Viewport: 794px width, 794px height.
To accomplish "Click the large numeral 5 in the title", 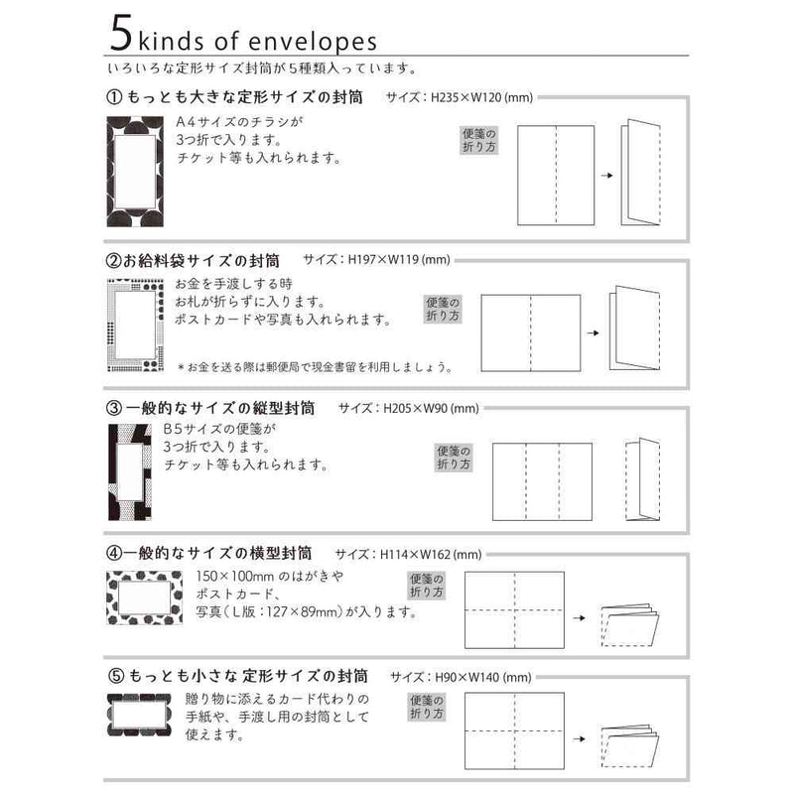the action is (x=121, y=33).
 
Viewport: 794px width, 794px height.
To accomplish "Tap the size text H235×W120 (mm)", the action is (x=481, y=97).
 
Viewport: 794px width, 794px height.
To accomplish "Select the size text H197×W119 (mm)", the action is (x=399, y=260).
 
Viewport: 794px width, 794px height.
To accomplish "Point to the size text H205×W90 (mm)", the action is (x=431, y=408).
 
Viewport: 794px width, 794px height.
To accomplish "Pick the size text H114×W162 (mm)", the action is (x=431, y=555).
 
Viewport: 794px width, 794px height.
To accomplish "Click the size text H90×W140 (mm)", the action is (x=483, y=677).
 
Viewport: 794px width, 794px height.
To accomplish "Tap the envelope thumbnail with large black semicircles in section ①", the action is (x=135, y=172).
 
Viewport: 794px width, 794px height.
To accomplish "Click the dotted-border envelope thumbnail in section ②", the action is (x=136, y=326).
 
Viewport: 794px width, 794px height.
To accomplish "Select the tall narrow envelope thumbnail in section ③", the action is (x=130, y=472).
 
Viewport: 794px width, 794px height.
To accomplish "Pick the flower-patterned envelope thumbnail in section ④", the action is (x=144, y=597).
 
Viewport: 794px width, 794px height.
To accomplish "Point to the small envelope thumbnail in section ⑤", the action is (x=139, y=716).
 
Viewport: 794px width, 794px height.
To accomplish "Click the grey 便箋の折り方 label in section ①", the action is (x=479, y=140).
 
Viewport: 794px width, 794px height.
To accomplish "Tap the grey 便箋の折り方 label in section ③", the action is (x=454, y=458).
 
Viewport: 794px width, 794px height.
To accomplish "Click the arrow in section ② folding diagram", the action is (x=593, y=333).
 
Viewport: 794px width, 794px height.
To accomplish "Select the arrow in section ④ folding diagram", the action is (x=580, y=617).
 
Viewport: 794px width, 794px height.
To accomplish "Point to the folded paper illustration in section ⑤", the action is (x=629, y=747).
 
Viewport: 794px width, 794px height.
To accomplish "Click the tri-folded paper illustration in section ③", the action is (x=642, y=479).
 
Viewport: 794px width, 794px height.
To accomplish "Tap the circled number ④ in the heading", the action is (x=114, y=553).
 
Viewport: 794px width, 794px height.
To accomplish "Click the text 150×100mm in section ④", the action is (x=235, y=576).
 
